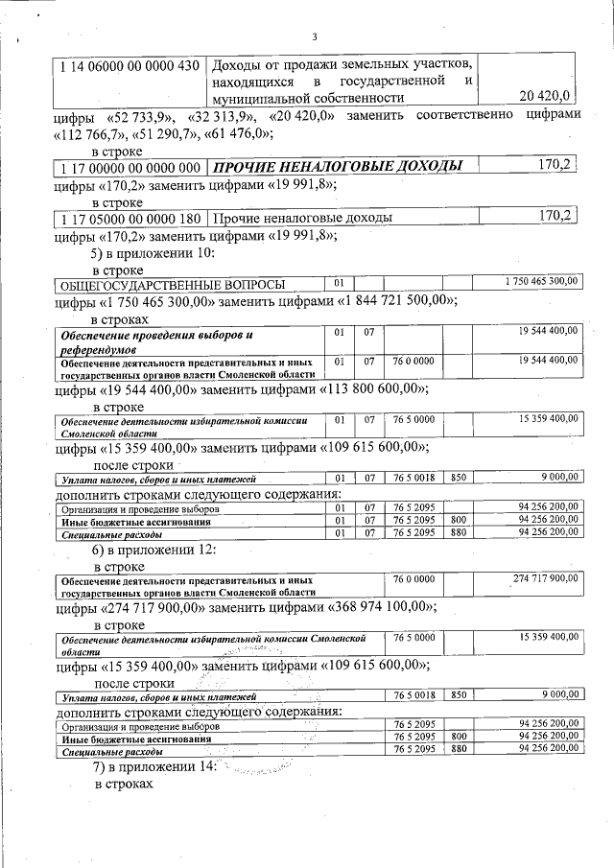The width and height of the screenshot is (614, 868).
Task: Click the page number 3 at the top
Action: click(x=314, y=37)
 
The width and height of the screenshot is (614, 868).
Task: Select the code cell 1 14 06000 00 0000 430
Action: click(x=130, y=65)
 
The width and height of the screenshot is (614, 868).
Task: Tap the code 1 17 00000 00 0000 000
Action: click(x=130, y=167)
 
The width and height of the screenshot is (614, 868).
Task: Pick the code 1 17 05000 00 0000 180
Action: click(x=130, y=218)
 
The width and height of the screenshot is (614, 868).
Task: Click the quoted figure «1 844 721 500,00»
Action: click(x=393, y=301)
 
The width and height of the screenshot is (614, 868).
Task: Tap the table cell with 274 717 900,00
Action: click(x=541, y=580)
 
